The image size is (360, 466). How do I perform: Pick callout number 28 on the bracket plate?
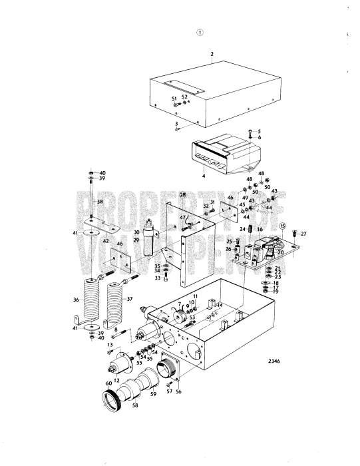(182, 194)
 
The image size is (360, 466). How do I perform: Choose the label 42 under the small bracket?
(105, 240)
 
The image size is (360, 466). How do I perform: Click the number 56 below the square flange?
(178, 392)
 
